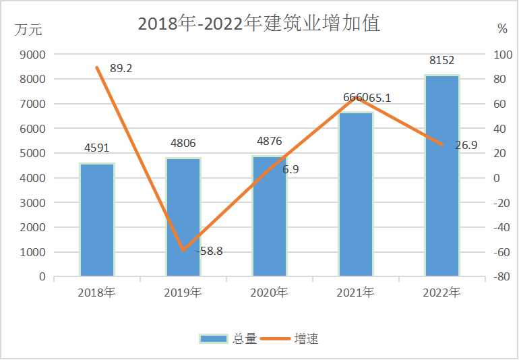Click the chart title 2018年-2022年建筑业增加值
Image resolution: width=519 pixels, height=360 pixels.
point(259,24)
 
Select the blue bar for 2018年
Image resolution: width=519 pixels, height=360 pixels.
point(97,220)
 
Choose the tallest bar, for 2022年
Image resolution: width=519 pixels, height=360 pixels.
point(442,175)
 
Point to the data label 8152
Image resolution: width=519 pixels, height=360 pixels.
point(442,61)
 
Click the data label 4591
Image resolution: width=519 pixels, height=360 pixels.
point(97,148)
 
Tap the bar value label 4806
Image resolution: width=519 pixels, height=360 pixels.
point(183,143)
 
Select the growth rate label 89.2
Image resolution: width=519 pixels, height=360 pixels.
point(121,68)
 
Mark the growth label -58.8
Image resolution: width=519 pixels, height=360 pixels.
point(210,251)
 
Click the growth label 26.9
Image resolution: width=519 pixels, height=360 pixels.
point(466,144)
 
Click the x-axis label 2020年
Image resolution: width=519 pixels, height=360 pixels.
point(270,293)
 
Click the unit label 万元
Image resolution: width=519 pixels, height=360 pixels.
point(28,29)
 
